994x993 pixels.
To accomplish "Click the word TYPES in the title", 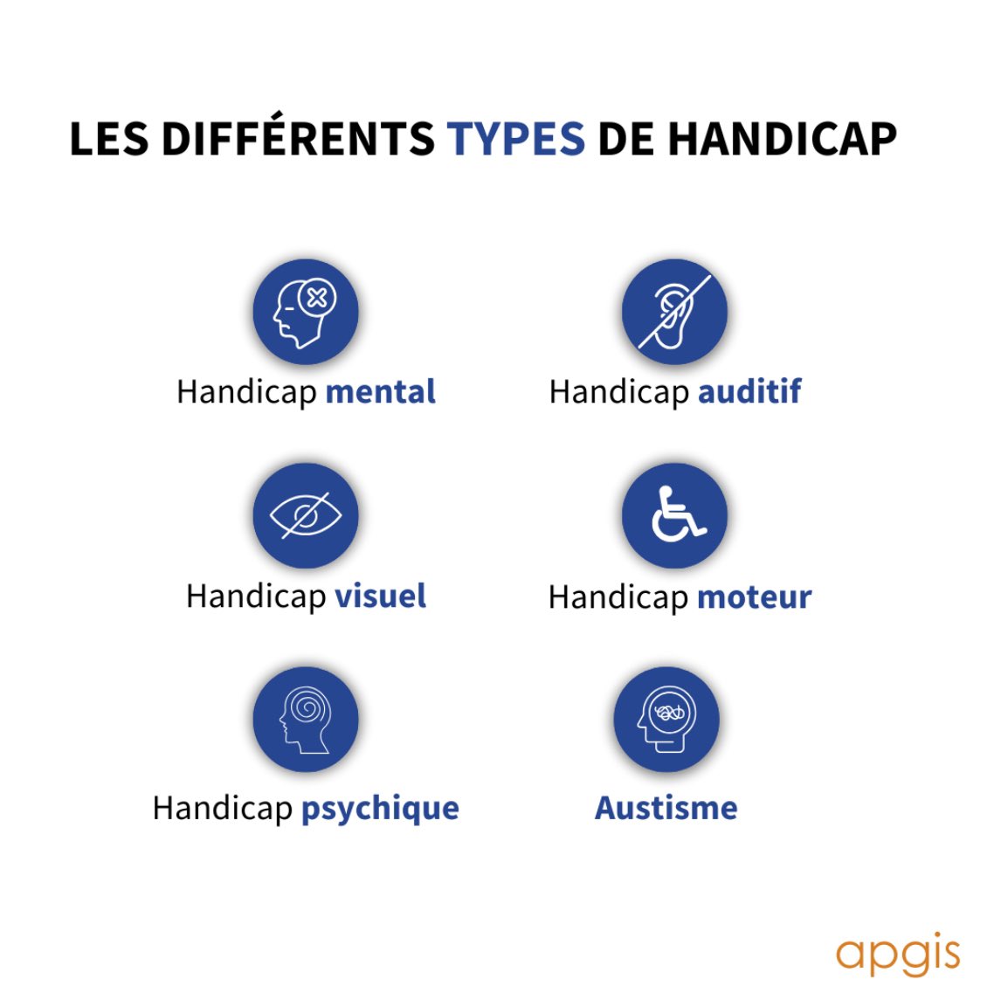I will [x=515, y=139].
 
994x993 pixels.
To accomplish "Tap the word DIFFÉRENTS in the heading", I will [x=297, y=139].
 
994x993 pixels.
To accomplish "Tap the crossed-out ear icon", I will [x=673, y=312].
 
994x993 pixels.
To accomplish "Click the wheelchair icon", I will [x=673, y=515].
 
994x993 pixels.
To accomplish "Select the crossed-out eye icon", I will [x=306, y=515].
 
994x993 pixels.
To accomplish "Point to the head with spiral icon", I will [x=306, y=719].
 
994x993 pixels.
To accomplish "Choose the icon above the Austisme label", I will [x=666, y=719].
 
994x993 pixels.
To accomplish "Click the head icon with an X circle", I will [x=306, y=312].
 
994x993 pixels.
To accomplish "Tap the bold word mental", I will [x=380, y=392].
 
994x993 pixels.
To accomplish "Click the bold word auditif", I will [x=749, y=392].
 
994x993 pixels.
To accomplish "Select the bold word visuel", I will [x=380, y=596].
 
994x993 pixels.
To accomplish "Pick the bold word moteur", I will [x=755, y=597].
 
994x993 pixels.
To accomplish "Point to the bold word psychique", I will [x=380, y=809].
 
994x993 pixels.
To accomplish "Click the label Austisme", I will [x=666, y=808].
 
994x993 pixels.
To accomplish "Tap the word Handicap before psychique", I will [x=222, y=809].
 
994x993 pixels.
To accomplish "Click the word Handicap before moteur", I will [x=618, y=597].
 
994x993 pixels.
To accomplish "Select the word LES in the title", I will [x=108, y=139].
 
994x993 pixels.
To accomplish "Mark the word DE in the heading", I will [x=625, y=139].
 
